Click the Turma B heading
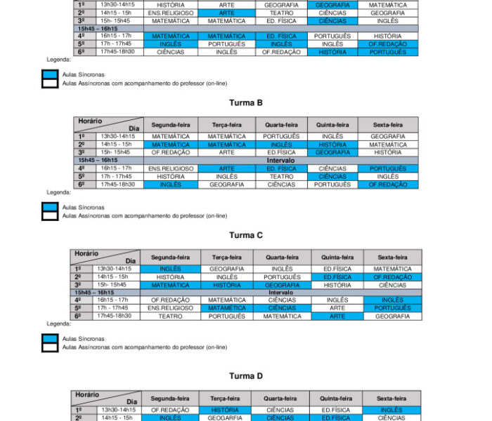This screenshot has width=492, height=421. (x=245, y=102)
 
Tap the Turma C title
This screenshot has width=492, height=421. (x=245, y=235)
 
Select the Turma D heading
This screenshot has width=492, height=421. (x=245, y=376)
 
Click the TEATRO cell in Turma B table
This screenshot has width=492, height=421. (x=281, y=177)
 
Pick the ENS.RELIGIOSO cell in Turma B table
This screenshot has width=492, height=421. (x=170, y=168)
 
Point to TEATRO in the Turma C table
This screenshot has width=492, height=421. (x=170, y=316)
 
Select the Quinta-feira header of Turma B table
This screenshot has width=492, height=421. (x=332, y=124)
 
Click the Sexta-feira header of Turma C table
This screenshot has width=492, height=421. (x=392, y=258)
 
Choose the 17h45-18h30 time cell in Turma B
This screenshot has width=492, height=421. (x=117, y=185)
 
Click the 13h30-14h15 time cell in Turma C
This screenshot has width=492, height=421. (x=113, y=269)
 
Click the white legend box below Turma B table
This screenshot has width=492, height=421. (x=49, y=215)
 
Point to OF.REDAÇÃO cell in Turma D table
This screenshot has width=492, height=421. (x=170, y=410)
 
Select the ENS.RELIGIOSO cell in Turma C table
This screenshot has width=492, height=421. (x=170, y=308)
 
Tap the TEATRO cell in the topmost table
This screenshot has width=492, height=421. (x=281, y=13)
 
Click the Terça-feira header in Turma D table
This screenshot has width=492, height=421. (x=226, y=398)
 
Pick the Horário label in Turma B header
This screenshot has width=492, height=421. (x=90, y=121)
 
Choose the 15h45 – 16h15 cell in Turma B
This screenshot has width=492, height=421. (x=98, y=160)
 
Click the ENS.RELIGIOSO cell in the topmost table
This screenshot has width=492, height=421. (x=171, y=13)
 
